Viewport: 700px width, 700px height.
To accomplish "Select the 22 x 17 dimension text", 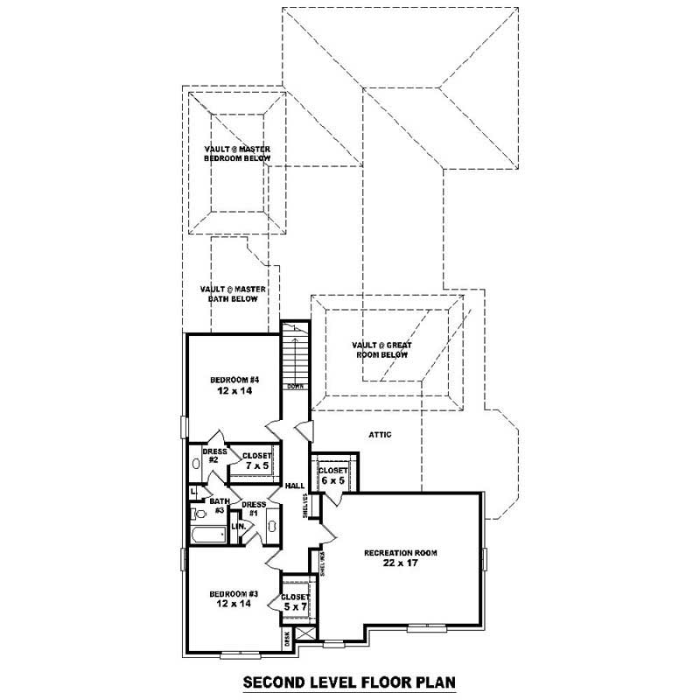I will click(401, 564).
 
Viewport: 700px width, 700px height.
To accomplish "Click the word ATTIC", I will click(380, 434).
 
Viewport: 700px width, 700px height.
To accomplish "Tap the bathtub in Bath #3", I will click(208, 535).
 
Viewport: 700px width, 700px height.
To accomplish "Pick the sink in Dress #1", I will click(271, 527).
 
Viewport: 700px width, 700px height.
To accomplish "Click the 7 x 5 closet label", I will click(256, 461).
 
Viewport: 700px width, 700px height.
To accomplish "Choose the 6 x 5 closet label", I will click(333, 475).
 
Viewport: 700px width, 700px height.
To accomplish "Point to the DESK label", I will click(286, 638).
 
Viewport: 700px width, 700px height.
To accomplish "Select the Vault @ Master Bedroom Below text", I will click(237, 154).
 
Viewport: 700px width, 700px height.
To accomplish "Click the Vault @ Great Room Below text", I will click(381, 350).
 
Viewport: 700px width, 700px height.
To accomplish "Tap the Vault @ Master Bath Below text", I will click(233, 294).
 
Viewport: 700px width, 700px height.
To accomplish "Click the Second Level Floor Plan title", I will click(349, 681).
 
